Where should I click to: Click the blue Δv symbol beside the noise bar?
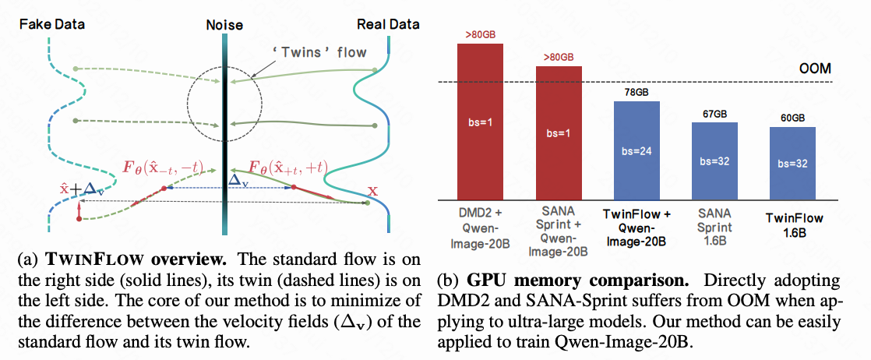(x=239, y=178)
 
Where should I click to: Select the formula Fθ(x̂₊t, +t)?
(x=287, y=166)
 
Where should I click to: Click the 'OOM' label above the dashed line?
(x=815, y=69)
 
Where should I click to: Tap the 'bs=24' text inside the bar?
(x=636, y=151)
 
